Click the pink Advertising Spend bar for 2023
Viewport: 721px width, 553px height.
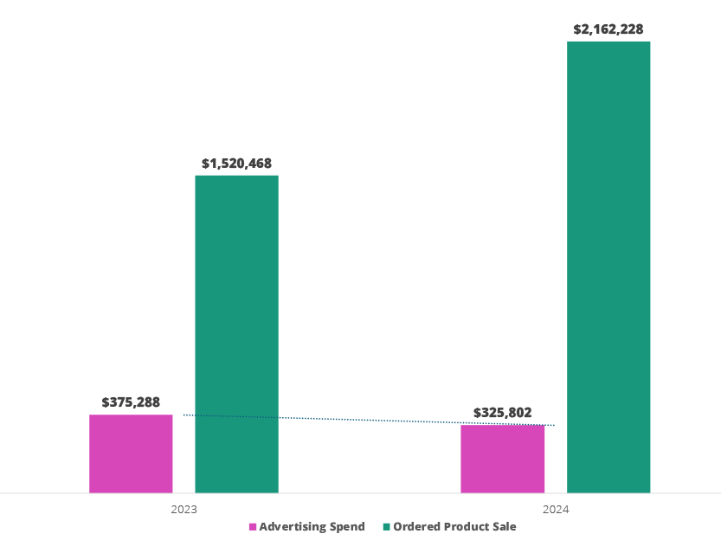click(x=131, y=453)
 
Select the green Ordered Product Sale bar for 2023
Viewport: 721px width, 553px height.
click(x=236, y=333)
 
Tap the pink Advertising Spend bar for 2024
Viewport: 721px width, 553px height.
click(x=502, y=459)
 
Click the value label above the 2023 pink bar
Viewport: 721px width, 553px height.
click(x=131, y=402)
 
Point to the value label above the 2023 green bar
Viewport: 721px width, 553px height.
click(x=236, y=163)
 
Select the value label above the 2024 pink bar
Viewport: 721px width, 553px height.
click(x=502, y=413)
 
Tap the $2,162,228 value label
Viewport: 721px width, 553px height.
click(x=608, y=29)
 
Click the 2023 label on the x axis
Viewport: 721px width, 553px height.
click(x=183, y=510)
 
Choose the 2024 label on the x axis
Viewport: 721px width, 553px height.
click(x=556, y=510)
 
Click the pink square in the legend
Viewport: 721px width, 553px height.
click(x=253, y=527)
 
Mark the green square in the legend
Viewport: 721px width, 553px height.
click(x=386, y=527)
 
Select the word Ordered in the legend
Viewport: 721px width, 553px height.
click(x=415, y=527)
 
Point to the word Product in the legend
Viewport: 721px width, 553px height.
click(x=466, y=527)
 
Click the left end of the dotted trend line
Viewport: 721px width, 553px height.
click(x=184, y=415)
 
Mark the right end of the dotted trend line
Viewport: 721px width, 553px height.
click(x=553, y=425)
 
